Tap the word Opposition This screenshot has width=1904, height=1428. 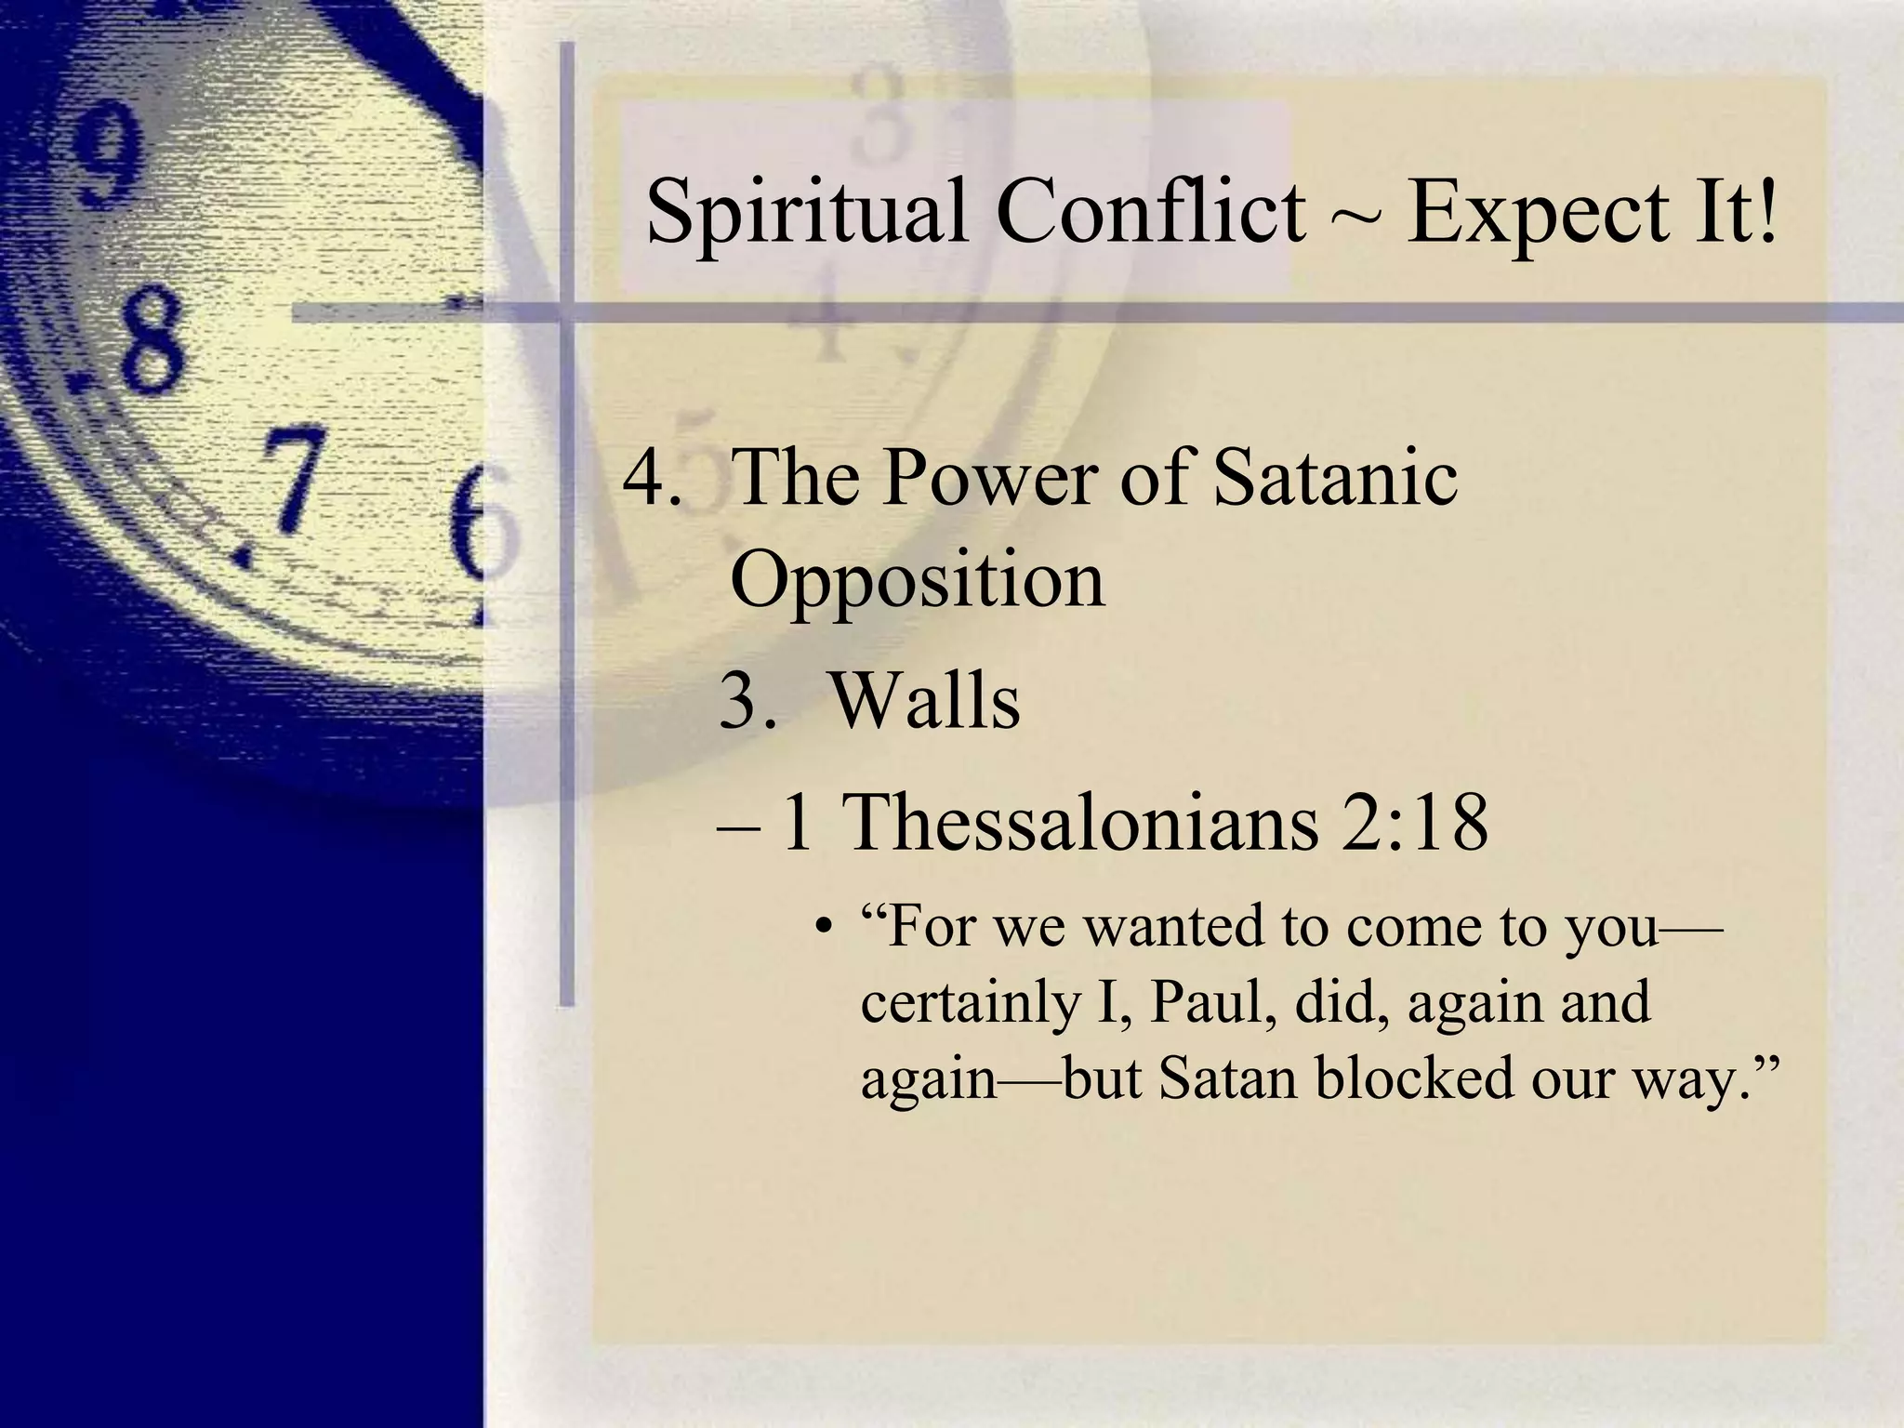(917, 581)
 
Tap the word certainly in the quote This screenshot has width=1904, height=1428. (969, 1004)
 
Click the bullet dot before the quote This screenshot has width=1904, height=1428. (821, 929)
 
